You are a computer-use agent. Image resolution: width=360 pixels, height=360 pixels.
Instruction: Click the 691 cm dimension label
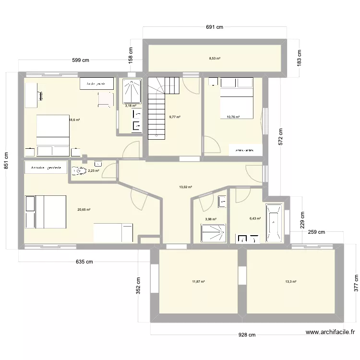(x=215, y=27)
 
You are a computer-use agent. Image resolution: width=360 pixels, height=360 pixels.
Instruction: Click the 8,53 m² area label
(x=215, y=59)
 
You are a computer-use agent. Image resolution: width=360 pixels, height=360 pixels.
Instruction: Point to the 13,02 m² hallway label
(x=185, y=187)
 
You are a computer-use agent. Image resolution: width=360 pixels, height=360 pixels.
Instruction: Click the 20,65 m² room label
(x=84, y=209)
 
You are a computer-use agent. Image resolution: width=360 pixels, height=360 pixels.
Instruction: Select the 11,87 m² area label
(x=198, y=282)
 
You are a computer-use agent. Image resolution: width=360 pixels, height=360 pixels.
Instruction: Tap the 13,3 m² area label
(x=290, y=282)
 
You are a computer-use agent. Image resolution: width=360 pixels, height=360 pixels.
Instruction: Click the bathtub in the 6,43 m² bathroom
(x=275, y=222)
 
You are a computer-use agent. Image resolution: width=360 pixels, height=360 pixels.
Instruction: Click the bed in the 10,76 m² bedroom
(x=236, y=101)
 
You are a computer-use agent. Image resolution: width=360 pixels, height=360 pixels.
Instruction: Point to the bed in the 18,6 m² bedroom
(x=53, y=132)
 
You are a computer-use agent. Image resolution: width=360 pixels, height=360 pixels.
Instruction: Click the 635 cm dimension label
(x=84, y=262)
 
